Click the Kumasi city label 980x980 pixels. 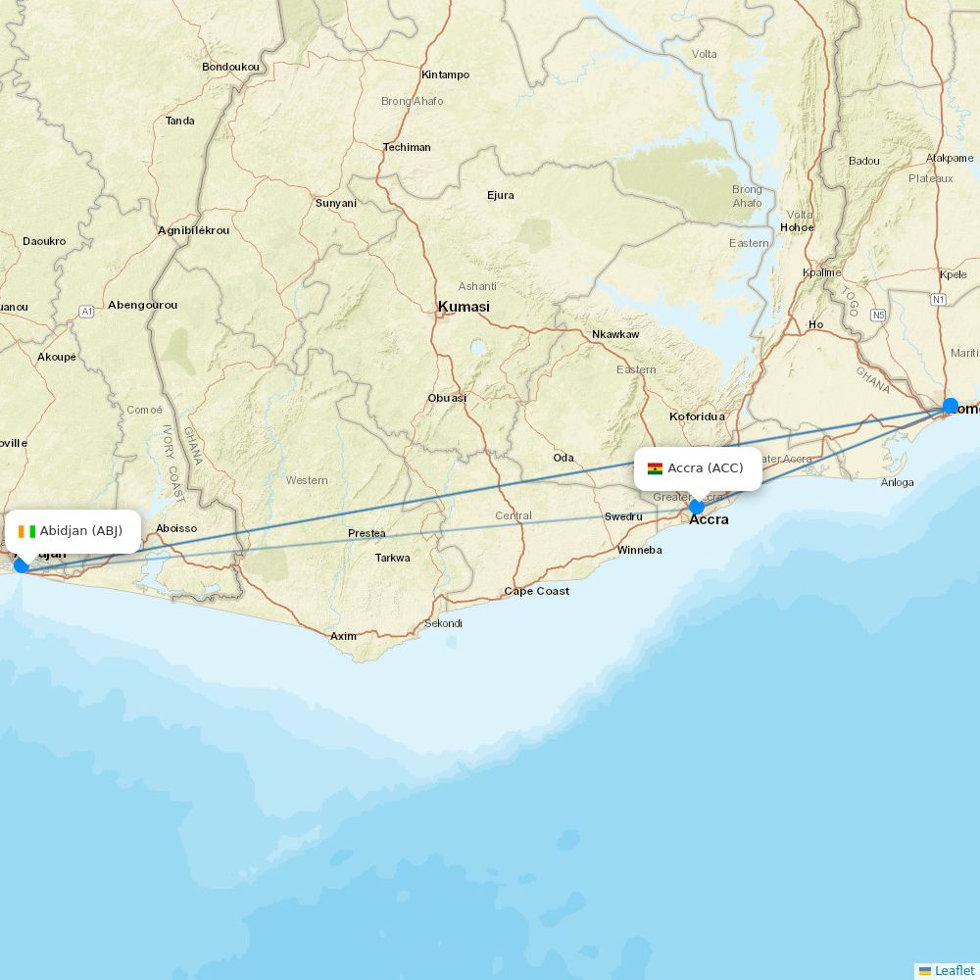pos(464,307)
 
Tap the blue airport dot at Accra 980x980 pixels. pos(696,507)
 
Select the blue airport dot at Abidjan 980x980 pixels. pos(21,565)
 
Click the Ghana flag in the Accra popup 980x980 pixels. pos(655,468)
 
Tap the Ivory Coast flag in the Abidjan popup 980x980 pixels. pos(26,531)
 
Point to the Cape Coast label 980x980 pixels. pos(536,591)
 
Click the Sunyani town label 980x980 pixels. pos(335,203)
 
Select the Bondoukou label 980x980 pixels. pos(230,67)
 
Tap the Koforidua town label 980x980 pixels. pos(697,416)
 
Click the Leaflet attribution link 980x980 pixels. pos(954,970)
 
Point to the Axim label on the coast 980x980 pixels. pos(343,636)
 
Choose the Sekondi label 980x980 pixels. pos(443,623)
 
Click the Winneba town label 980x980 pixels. pos(639,550)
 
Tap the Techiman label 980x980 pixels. pos(407,147)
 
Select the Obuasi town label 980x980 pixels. pos(447,398)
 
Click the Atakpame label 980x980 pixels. pos(950,158)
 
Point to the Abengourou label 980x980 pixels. pos(143,305)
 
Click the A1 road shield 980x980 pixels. pos(86,311)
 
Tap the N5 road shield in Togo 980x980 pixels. pos(877,316)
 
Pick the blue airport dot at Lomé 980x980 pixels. pos(951,406)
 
